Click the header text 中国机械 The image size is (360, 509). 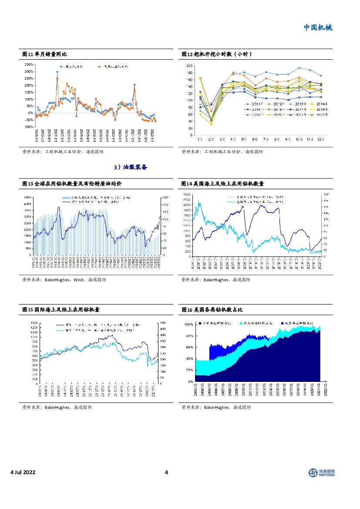click(x=317, y=27)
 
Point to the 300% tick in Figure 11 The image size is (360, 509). click(x=28, y=64)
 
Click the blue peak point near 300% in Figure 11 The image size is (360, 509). click(x=57, y=72)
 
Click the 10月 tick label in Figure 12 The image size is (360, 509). click(x=299, y=139)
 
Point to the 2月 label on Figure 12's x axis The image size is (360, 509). click(x=211, y=139)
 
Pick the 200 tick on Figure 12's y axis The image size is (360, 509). click(x=189, y=66)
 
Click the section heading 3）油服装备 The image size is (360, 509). click(x=131, y=167)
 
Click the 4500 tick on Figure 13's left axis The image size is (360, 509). click(x=27, y=197)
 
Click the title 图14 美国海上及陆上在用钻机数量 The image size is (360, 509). click(x=222, y=184)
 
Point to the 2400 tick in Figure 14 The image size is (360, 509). click(x=186, y=194)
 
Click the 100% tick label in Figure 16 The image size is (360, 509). click(x=188, y=325)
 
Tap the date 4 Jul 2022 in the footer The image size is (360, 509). click(x=23, y=472)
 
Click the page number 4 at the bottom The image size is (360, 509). click(x=166, y=472)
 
